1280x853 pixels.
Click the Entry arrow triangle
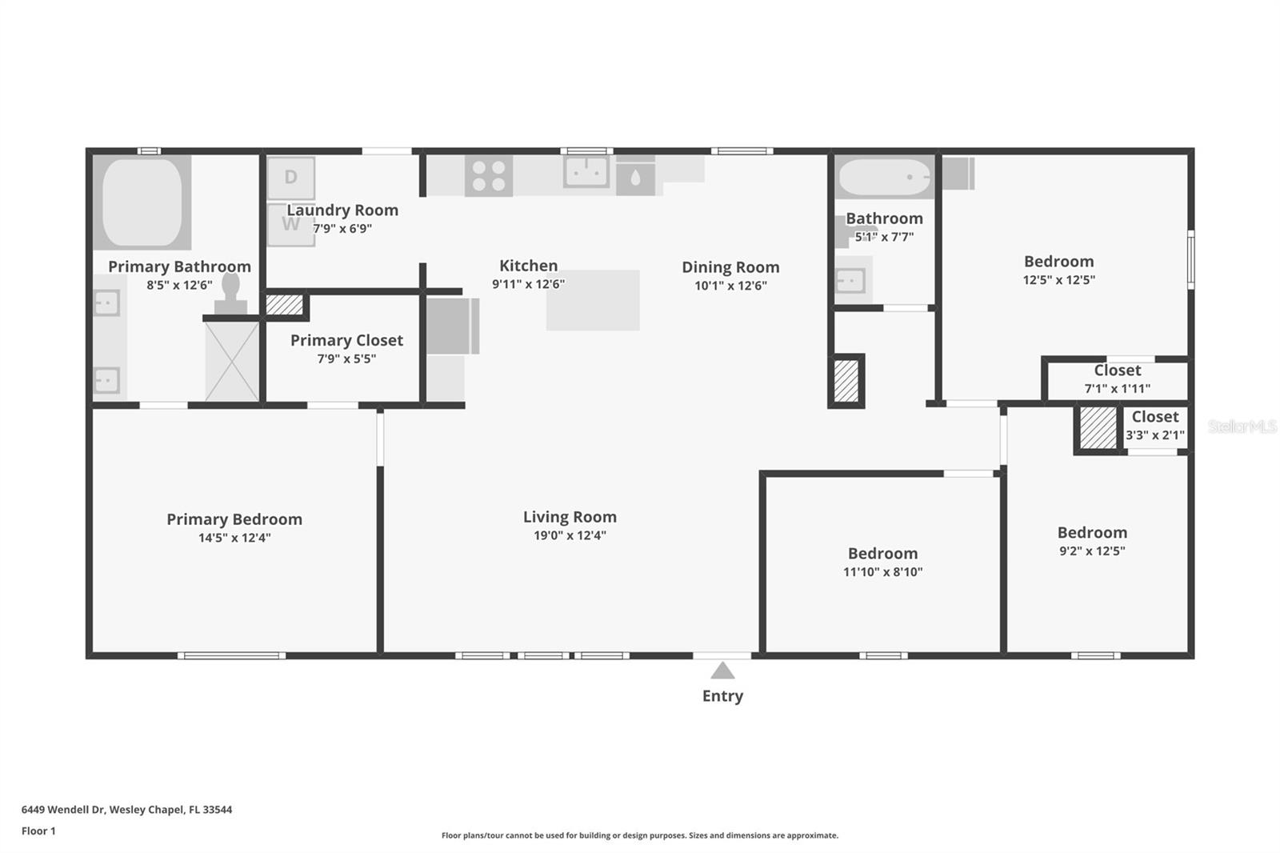(722, 671)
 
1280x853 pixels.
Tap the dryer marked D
(290, 178)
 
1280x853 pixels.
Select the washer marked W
(290, 225)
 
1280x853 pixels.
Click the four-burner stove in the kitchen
(489, 176)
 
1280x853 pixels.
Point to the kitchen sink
(586, 171)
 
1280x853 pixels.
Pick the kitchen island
(593, 300)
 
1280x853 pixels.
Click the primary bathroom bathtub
(142, 202)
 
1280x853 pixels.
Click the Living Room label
(570, 517)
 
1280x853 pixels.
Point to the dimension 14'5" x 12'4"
(234, 538)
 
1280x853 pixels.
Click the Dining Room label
(730, 267)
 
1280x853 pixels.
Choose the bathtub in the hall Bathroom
(884, 177)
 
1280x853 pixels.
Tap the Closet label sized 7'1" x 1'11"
(1118, 370)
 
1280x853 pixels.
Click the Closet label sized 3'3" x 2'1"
(1154, 417)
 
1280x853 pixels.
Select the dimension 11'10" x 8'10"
(882, 572)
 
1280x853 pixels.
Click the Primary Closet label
(346, 340)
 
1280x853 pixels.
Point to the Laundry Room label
(342, 210)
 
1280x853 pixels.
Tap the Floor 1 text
(38, 831)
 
